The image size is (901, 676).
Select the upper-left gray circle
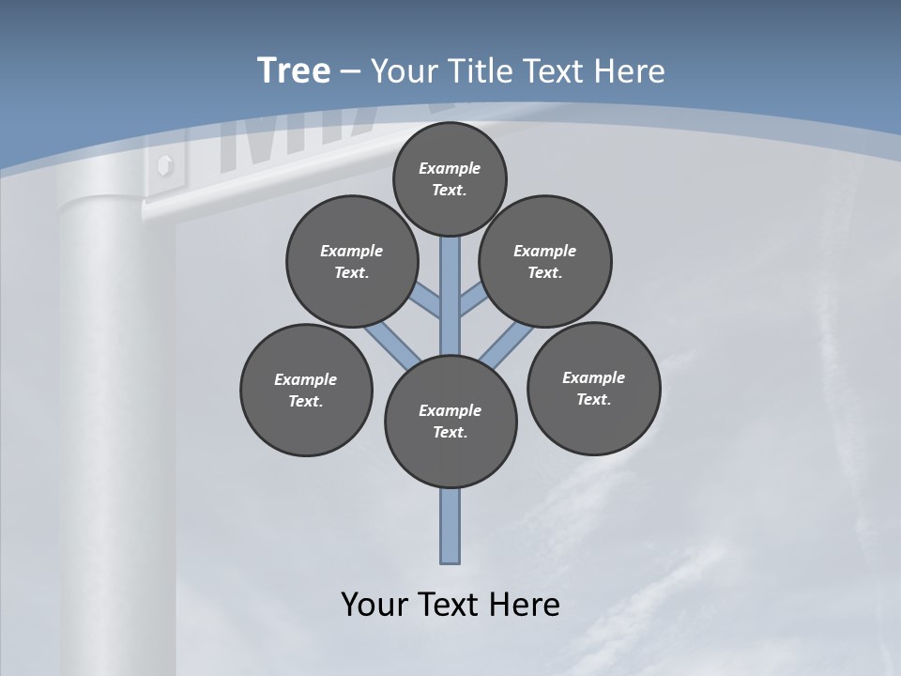coord(351,261)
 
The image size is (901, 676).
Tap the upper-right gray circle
coord(545,261)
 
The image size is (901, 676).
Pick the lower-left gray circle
coord(306,390)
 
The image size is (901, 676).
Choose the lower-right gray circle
coord(593,388)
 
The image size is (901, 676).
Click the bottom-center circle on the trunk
coord(450,422)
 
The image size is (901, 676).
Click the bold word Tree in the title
coord(294,70)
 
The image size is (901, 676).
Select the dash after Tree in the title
coord(350,71)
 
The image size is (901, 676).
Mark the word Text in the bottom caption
coord(450,605)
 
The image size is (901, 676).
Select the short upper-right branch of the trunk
coord(472,299)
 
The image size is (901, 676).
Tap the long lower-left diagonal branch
coord(389,343)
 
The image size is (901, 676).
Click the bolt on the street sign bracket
coord(165,165)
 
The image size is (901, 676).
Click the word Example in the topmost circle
coord(450,168)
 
